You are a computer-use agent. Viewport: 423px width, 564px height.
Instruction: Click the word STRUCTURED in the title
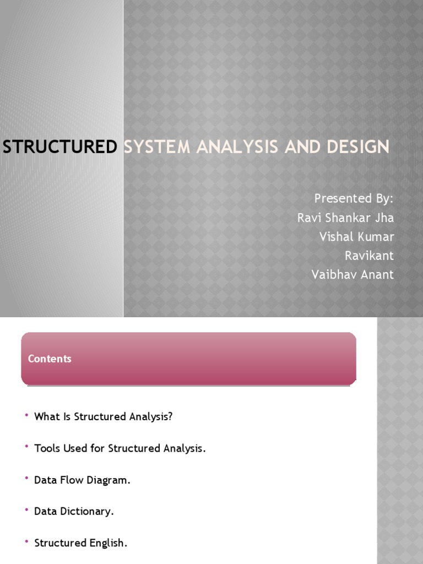tap(60, 147)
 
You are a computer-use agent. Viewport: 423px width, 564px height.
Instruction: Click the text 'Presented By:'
tap(354, 198)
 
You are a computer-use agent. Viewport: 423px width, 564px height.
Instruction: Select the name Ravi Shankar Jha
tap(345, 218)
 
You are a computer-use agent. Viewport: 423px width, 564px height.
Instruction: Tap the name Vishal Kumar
tap(356, 237)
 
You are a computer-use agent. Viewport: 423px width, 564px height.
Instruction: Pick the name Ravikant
tap(369, 256)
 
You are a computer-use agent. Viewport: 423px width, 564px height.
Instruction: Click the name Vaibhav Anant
tap(352, 274)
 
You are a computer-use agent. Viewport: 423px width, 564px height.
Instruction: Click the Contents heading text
tap(50, 359)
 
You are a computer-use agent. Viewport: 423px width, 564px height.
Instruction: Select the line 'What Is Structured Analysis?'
tap(103, 416)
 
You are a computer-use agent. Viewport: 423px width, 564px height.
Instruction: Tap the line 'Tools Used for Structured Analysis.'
tap(120, 448)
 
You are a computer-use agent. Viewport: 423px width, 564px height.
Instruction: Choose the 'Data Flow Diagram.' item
tap(82, 480)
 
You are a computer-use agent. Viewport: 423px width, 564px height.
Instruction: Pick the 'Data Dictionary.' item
tap(74, 511)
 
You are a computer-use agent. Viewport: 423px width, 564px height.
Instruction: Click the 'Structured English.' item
tap(80, 543)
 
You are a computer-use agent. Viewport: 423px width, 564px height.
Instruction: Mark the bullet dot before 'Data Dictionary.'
tap(26, 510)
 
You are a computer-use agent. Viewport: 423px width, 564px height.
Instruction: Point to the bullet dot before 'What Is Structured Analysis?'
tap(26, 415)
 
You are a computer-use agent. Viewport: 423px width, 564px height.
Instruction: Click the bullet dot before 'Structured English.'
tap(26, 542)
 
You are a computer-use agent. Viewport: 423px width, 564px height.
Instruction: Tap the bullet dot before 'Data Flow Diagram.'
tap(26, 479)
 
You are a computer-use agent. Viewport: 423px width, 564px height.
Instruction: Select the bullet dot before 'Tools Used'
tap(26, 447)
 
